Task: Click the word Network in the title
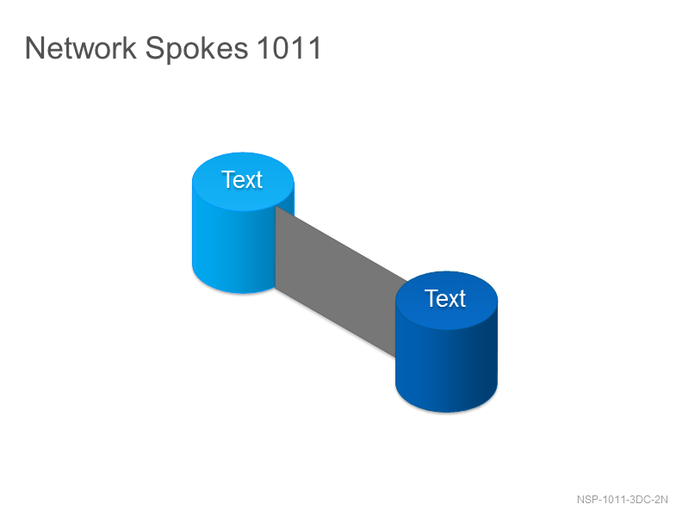[81, 47]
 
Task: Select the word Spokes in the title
[196, 49]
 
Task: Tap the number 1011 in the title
[289, 47]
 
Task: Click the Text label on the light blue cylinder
[242, 179]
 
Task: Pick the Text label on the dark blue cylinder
[445, 298]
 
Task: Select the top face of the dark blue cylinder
[446, 301]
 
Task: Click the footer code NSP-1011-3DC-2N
[622, 500]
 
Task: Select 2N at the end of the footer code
[661, 500]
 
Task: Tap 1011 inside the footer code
[613, 500]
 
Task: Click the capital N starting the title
[34, 47]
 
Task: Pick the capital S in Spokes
[155, 47]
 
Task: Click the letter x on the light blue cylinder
[251, 182]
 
